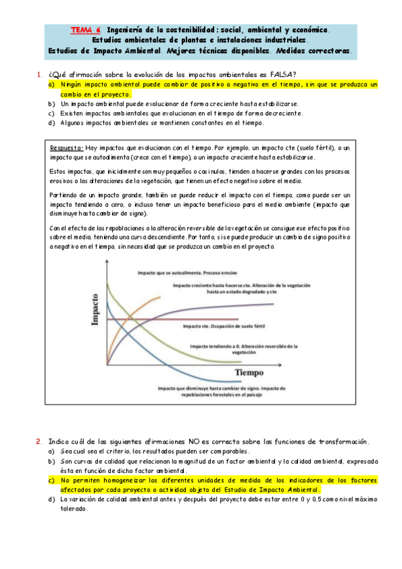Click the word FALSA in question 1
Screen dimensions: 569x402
coord(281,74)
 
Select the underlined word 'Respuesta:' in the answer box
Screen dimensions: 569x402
coord(67,147)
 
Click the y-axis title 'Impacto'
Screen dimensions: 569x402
coord(95,309)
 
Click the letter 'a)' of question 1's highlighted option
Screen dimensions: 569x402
coord(51,85)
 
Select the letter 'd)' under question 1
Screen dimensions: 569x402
coord(51,123)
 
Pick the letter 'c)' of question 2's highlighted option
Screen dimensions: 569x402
coord(51,480)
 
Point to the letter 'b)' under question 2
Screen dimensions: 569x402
coord(51,462)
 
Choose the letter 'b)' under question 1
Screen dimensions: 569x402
coord(51,105)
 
